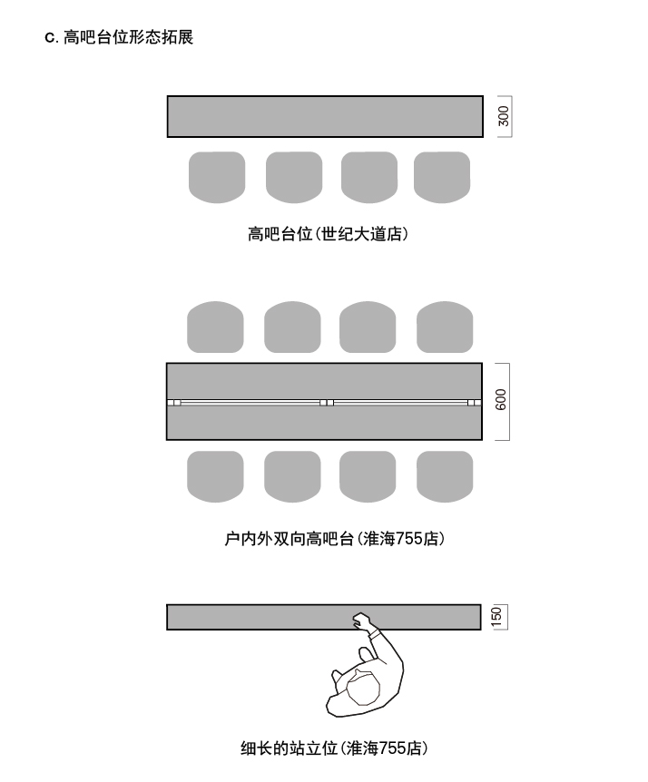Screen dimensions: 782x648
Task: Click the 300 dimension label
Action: pyautogui.click(x=504, y=116)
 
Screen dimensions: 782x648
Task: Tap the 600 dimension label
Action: pyautogui.click(x=501, y=401)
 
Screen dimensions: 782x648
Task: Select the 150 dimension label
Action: pyautogui.click(x=496, y=617)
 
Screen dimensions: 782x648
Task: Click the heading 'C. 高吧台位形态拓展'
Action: pyautogui.click(x=119, y=37)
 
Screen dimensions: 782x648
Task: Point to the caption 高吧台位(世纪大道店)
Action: pyautogui.click(x=328, y=234)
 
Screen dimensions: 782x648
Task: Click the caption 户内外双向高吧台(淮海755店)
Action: pyautogui.click(x=334, y=539)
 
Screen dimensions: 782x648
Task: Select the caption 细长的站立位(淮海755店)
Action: pyautogui.click(x=333, y=748)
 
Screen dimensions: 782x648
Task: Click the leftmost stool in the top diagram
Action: pyautogui.click(x=217, y=177)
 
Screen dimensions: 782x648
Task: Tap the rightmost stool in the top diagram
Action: pyautogui.click(x=442, y=177)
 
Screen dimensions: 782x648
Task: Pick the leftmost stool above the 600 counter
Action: pyautogui.click(x=215, y=327)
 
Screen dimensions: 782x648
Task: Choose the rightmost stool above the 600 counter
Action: pyautogui.click(x=445, y=327)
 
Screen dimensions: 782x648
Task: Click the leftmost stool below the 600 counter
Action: pyautogui.click(x=215, y=476)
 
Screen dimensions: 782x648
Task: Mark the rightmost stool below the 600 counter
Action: pyautogui.click(x=445, y=476)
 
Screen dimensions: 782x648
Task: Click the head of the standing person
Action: pyautogui.click(x=365, y=687)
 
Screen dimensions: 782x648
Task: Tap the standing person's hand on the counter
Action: pyautogui.click(x=363, y=621)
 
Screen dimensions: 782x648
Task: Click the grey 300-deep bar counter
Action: pyautogui.click(x=325, y=116)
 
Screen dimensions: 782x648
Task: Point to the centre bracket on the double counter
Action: pyautogui.click(x=327, y=402)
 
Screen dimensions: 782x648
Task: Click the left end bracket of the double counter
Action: pyautogui.click(x=174, y=402)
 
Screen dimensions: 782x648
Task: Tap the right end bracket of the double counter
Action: pyautogui.click(x=474, y=402)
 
